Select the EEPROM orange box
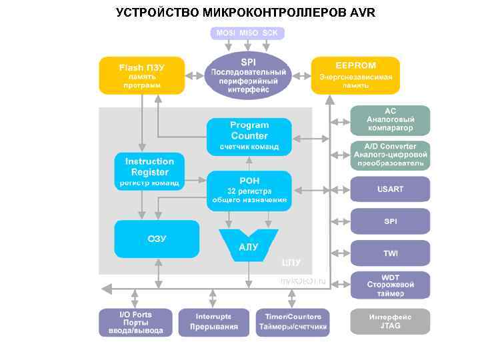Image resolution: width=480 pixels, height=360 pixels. click(x=355, y=75)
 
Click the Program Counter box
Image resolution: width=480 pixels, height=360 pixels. click(x=249, y=136)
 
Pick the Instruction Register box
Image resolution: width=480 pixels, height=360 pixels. click(x=149, y=171)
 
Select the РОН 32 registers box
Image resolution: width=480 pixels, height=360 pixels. click(x=249, y=189)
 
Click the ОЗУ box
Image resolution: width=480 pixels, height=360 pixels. click(x=157, y=239)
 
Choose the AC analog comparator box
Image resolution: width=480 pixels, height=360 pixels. click(x=390, y=119)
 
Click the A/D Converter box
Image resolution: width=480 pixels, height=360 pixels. click(x=390, y=155)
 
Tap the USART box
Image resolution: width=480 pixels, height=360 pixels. click(x=390, y=189)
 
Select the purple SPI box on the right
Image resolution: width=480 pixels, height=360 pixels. click(x=390, y=221)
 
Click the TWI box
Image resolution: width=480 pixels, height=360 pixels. click(x=390, y=253)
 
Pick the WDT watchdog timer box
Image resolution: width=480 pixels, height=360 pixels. click(x=390, y=285)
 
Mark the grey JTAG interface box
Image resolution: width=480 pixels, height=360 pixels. click(x=390, y=321)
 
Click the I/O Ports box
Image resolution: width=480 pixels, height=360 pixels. click(x=135, y=322)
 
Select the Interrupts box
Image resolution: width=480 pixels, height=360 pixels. click(x=213, y=322)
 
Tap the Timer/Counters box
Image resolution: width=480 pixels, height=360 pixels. click(x=293, y=322)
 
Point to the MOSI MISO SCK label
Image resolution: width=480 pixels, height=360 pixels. click(x=248, y=32)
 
